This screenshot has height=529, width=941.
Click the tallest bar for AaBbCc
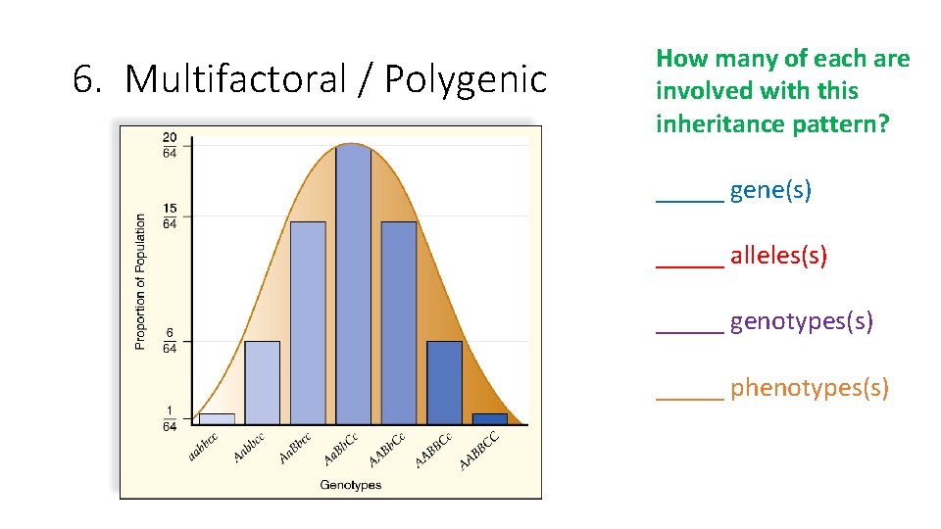coord(353,284)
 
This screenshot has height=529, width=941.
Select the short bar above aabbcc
coord(217,418)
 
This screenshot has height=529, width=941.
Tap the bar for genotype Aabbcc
coord(262,382)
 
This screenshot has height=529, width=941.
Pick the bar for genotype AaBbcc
coord(307,323)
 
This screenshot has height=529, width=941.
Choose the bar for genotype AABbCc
coord(399,323)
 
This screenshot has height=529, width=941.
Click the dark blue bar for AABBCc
coord(444,382)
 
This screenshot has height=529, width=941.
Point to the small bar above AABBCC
coord(490,418)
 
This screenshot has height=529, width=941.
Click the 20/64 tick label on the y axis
coord(170,144)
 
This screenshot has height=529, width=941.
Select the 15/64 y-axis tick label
coord(170,216)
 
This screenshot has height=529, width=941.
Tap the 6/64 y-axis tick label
coord(170,341)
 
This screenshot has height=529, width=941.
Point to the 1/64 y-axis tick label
coord(170,418)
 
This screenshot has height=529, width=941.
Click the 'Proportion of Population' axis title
coord(140,282)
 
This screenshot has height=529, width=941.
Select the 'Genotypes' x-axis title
coord(350,485)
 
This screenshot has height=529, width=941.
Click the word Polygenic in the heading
coord(465,79)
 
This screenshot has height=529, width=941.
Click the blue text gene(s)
coord(770,190)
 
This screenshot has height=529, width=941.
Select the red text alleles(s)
coord(778,257)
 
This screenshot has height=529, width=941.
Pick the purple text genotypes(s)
coord(801,321)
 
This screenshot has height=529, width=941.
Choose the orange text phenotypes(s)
coord(809,388)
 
